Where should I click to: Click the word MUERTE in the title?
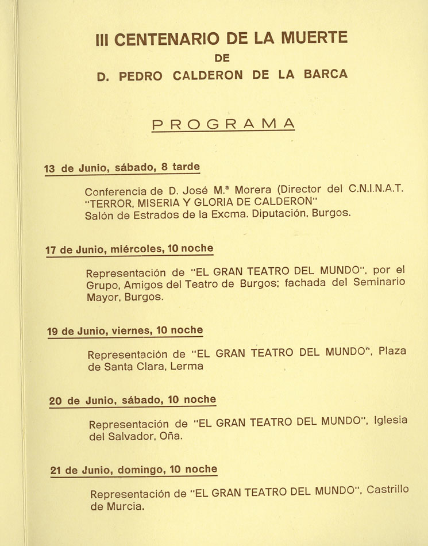(316, 39)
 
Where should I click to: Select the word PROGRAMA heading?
(223, 124)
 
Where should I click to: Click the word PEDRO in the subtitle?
(142, 75)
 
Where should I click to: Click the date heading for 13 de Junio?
(122, 168)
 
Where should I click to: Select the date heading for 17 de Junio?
(129, 249)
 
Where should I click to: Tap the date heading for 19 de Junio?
(125, 330)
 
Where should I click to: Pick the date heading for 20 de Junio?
(132, 400)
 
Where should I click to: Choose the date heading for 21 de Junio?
(133, 470)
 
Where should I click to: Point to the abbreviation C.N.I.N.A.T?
(377, 189)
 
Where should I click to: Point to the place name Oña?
(171, 436)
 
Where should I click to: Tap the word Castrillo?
(388, 490)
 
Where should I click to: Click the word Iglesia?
(390, 420)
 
